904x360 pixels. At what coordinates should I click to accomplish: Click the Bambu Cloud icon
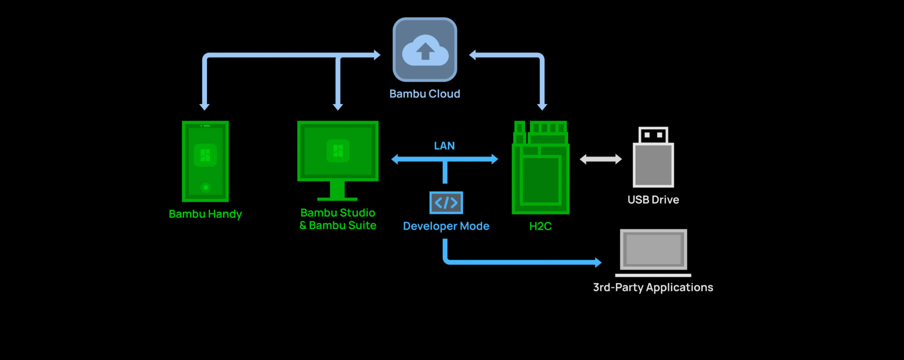click(x=425, y=49)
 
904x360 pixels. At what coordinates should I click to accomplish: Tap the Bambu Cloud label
click(x=425, y=94)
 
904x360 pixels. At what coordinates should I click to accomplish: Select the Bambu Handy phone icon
click(x=206, y=161)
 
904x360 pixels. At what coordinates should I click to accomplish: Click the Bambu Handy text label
click(x=206, y=214)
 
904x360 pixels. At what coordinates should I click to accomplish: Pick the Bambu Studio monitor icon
click(x=338, y=151)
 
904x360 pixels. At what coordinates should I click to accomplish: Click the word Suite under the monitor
click(x=363, y=226)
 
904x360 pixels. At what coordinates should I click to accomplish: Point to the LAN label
click(x=444, y=146)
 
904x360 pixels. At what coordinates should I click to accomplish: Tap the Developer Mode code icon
click(x=446, y=202)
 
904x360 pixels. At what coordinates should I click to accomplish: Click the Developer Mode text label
click(x=446, y=226)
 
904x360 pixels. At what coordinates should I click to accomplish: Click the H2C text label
click(x=540, y=226)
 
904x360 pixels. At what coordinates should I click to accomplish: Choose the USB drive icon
click(x=653, y=158)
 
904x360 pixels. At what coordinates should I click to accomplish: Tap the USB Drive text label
click(x=653, y=200)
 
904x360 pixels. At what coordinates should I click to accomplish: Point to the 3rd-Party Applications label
click(x=653, y=287)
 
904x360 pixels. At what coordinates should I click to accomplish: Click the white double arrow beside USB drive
click(x=601, y=159)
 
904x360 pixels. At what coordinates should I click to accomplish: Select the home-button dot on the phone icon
click(x=206, y=187)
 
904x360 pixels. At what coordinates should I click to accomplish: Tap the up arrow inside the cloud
click(x=425, y=51)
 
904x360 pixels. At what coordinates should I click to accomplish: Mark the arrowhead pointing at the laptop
click(x=598, y=262)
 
